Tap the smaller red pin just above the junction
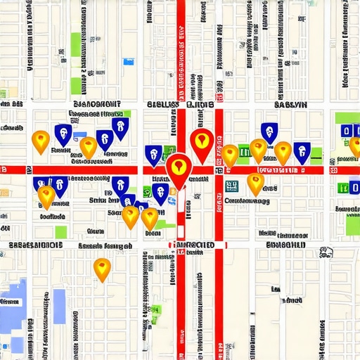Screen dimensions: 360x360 tap(202, 141)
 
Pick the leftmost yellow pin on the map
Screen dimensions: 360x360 tap(41, 141)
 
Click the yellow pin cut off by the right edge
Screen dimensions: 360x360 tap(355, 146)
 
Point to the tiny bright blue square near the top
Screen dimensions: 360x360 tap(128, 62)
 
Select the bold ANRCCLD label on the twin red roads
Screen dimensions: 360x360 tap(193, 245)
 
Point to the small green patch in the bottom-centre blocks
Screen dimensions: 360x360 tap(155, 309)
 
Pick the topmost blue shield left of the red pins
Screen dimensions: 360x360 tap(120, 127)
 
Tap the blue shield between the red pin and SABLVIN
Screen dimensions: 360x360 tap(268, 131)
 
